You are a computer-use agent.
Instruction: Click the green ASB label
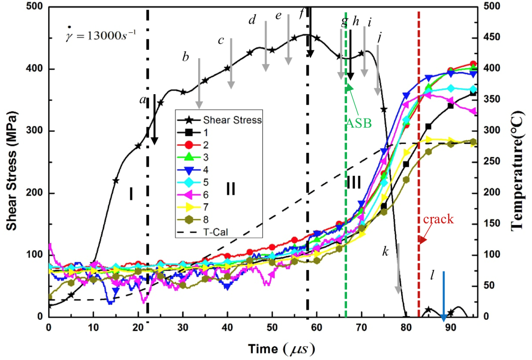(359, 123)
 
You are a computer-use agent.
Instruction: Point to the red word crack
(438, 219)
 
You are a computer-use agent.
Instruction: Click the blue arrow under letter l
(444, 296)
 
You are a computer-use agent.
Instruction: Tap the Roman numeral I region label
(130, 195)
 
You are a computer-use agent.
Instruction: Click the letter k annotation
(386, 251)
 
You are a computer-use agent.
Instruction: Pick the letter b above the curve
(185, 57)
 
